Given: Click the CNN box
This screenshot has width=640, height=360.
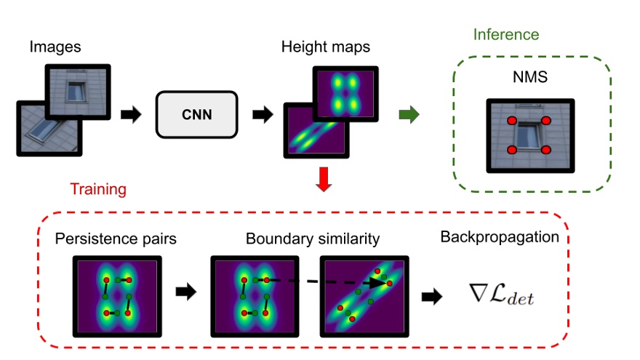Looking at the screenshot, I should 197,114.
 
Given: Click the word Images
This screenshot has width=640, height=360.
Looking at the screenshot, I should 55,48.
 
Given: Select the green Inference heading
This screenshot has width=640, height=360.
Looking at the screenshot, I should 506,34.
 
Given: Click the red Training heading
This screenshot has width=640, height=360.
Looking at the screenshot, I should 98,189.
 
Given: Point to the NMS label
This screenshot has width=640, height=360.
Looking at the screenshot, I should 529,76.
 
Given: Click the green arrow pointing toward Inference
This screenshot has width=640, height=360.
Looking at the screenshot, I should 410,114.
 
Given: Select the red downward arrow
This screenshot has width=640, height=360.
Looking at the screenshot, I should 324,179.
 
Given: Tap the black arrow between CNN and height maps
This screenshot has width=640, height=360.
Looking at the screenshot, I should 263,114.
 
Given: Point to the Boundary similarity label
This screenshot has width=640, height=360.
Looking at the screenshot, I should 313,239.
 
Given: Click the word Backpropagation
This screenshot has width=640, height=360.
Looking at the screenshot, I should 499,237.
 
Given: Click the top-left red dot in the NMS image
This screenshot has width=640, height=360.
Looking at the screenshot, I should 511,120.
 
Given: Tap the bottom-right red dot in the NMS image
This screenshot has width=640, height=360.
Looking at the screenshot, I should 546,149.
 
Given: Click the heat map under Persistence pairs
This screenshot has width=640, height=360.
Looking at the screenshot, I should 117,295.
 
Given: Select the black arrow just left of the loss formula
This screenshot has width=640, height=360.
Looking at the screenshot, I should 432,296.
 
